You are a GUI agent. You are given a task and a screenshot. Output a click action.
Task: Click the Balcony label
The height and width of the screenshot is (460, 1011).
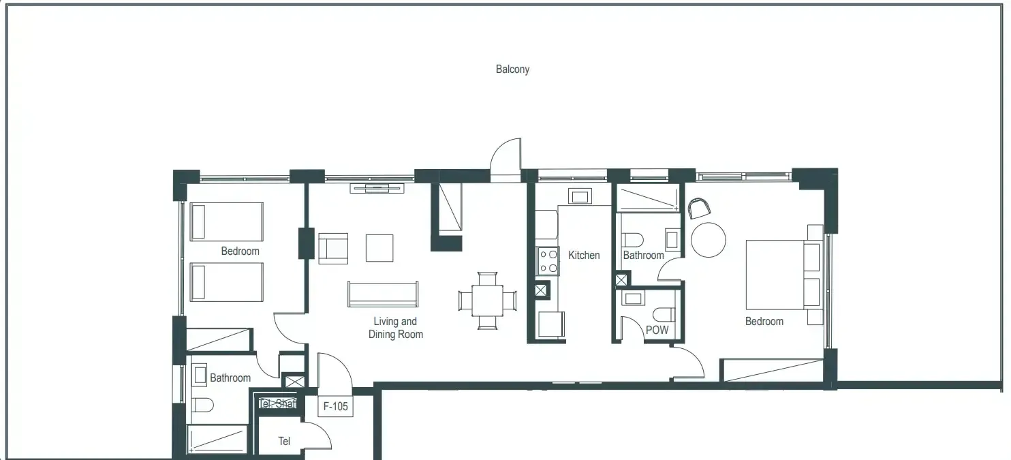[x=512, y=69]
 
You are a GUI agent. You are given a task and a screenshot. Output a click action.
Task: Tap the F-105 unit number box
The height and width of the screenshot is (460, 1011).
[x=335, y=407]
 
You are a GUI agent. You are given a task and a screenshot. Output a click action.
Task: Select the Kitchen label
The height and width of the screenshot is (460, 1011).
[x=584, y=255]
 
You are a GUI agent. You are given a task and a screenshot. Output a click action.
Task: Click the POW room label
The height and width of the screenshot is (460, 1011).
[x=657, y=330]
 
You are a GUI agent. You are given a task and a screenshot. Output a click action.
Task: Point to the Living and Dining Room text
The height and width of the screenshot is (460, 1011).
[x=395, y=328]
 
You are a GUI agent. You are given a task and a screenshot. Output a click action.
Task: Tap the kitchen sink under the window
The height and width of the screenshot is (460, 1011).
[x=580, y=197]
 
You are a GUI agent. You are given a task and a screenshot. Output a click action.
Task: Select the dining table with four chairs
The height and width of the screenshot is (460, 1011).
[x=487, y=301]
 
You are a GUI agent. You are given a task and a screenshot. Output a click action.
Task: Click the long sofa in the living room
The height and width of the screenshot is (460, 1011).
[x=383, y=294]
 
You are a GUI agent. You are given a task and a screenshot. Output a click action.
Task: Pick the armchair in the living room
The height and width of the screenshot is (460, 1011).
[x=332, y=248]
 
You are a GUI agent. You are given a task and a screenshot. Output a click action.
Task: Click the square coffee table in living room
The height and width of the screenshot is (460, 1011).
[x=379, y=248]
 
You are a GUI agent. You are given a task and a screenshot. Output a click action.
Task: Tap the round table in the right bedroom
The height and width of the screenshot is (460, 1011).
[x=709, y=240]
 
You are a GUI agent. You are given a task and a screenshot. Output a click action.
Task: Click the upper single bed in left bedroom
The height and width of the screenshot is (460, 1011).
[x=226, y=221]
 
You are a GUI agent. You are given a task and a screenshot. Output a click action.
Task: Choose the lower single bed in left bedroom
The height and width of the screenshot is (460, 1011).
[x=226, y=282]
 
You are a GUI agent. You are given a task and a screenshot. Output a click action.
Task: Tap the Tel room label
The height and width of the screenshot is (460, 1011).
[x=284, y=441]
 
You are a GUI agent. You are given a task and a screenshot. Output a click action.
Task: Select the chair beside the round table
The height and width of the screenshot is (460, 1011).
[x=698, y=207]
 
